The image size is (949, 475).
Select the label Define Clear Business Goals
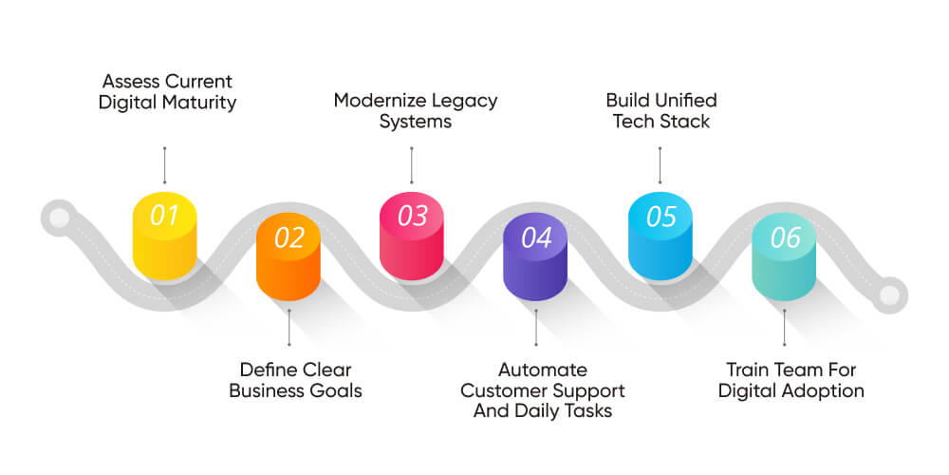point(295,380)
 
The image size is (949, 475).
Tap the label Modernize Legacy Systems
point(415,111)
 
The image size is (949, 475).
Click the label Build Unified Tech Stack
point(661,111)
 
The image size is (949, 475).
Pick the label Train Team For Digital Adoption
point(791,380)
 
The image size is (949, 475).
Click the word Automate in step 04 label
point(543,370)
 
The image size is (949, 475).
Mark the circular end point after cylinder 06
point(889,294)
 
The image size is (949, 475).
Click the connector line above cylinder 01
point(164,165)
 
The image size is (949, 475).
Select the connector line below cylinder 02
point(288,328)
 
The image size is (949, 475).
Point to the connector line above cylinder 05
point(661,165)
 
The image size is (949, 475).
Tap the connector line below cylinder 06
point(784,328)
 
